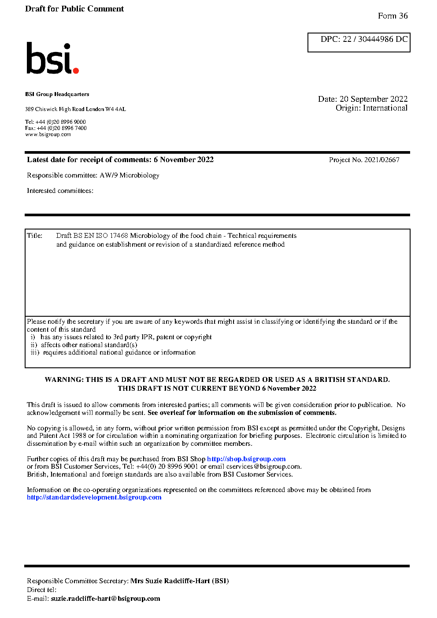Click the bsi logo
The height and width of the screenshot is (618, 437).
pos(52,59)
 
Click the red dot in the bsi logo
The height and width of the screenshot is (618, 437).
pos(76,70)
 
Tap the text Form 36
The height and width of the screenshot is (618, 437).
pos(393,16)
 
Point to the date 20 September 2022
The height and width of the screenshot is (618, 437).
pos(373,99)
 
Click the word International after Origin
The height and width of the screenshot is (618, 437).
pos(385,108)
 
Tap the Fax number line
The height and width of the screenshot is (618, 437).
pos(56,128)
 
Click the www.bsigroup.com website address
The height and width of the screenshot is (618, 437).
pos(48,135)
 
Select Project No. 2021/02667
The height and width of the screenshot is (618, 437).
pos(364,160)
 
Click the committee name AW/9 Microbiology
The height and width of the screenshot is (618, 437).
pos(129,175)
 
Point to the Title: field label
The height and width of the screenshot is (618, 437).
pos(35,236)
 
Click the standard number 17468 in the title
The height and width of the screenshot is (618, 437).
pos(119,236)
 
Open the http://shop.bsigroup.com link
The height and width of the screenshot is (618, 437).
pos(246,459)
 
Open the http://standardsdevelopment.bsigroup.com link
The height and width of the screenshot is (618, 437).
pos(94,497)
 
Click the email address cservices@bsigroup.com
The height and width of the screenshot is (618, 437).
pos(263,466)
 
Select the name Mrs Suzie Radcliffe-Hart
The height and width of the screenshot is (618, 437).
pos(170,581)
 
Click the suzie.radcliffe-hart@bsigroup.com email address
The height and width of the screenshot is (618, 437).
pos(105,599)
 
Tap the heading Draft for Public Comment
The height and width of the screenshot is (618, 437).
pos(74,9)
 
